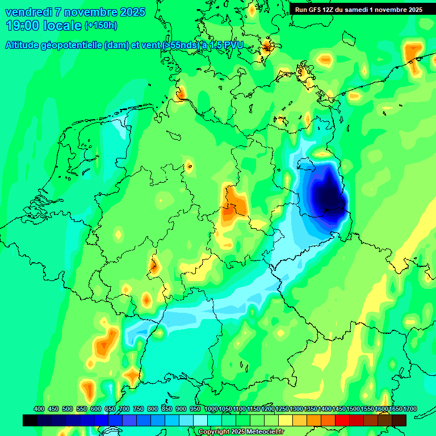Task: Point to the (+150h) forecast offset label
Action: pyautogui.click(x=100, y=26)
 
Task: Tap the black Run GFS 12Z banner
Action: pyautogui.click(x=358, y=9)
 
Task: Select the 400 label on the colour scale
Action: pyautogui.click(x=39, y=409)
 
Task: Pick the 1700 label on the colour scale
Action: pyautogui.click(x=395, y=409)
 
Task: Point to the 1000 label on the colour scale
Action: pyautogui.click(x=211, y=409)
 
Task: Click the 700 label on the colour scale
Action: pyautogui.click(x=124, y=409)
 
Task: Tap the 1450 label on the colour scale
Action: pyautogui.click(x=339, y=409)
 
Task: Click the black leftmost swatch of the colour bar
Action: pyautogui.click(x=30, y=420)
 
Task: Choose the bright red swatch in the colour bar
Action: pyautogui.click(x=342, y=420)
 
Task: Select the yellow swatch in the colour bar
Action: pyautogui.click(x=286, y=420)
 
